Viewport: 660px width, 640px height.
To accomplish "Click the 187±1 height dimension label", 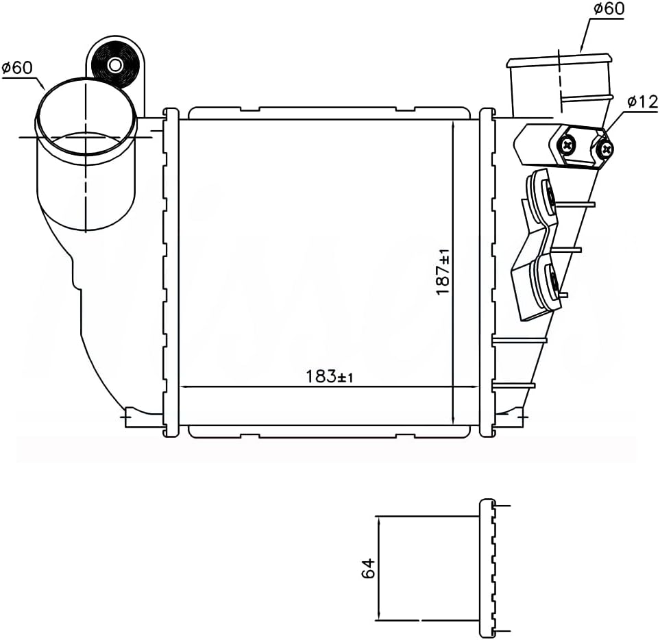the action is [443, 271].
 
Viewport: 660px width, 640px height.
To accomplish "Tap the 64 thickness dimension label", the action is [368, 568].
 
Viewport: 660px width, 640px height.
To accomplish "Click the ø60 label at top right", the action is [608, 10].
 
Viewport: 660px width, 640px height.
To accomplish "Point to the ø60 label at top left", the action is [17, 68].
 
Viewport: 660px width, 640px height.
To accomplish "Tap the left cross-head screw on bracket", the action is [567, 145].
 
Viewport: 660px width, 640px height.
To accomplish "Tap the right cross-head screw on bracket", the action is [604, 148].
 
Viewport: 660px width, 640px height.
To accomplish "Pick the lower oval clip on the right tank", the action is [550, 279].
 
